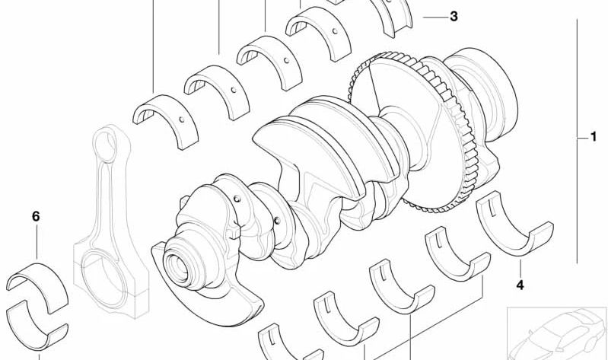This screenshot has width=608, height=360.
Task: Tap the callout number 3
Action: click(454, 16)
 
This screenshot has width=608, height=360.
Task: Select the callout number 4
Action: click(520, 286)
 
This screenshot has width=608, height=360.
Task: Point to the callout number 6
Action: click(35, 217)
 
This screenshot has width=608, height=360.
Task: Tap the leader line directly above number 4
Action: click(520, 267)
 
